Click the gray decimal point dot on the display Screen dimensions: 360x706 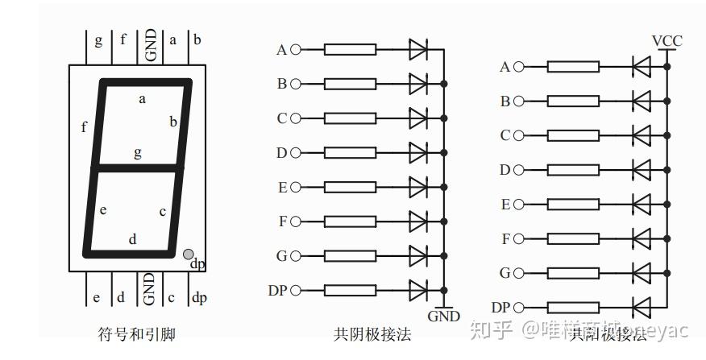(188, 254)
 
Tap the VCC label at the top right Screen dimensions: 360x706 (667, 41)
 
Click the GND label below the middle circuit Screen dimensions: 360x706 (443, 317)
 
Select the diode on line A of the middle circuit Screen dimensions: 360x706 (417, 50)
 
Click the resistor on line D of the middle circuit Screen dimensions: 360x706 (350, 152)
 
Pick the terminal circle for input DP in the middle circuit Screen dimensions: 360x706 (295, 290)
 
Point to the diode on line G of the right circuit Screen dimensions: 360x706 (642, 273)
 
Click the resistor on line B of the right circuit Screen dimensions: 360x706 (573, 101)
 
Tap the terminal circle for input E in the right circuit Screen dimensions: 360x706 (518, 205)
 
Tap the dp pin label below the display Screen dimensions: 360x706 (199, 298)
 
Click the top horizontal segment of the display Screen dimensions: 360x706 (145, 82)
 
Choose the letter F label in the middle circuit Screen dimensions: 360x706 (282, 221)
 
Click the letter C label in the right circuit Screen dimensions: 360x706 (505, 135)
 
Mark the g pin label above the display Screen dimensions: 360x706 (98, 39)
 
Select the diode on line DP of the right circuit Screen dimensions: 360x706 (642, 307)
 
